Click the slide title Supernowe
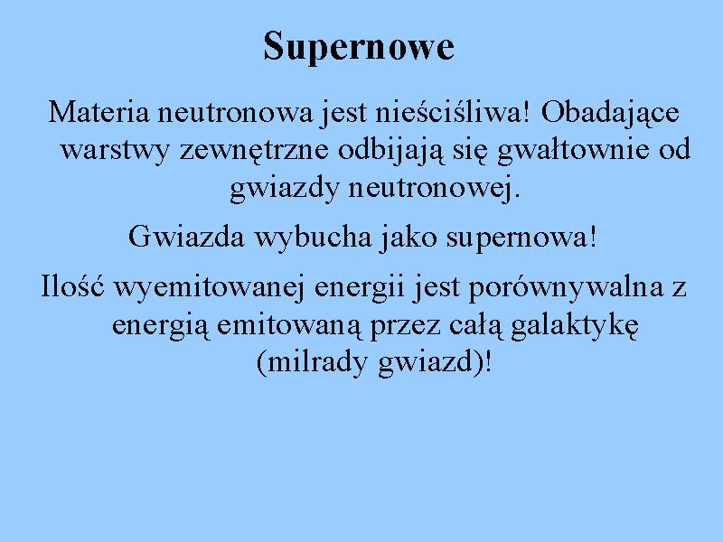359,47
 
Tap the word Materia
99,112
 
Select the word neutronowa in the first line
235,113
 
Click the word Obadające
610,113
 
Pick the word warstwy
115,150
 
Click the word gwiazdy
284,188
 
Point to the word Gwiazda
186,237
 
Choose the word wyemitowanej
209,288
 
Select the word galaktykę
575,325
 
